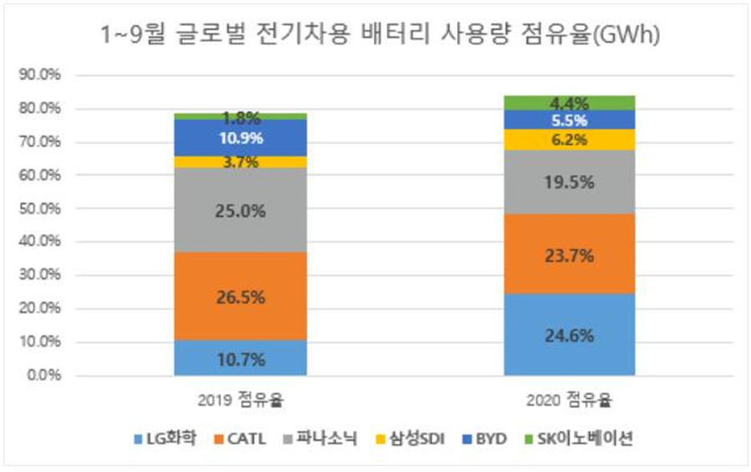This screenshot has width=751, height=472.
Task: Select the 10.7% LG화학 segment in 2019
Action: tap(241, 358)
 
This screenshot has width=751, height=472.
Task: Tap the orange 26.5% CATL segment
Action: tap(241, 296)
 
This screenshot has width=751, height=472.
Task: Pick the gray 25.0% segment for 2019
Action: tap(241, 211)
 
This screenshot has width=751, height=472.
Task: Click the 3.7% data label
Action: tap(241, 163)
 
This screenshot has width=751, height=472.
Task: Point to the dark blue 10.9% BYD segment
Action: tap(241, 138)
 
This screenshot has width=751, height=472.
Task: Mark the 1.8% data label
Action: tap(241, 118)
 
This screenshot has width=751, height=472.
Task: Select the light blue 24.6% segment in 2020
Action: tap(570, 335)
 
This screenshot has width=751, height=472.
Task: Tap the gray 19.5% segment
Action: tap(570, 182)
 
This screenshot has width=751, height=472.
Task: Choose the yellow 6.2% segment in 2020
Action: tap(570, 140)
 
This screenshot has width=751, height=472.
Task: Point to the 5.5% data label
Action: tap(570, 120)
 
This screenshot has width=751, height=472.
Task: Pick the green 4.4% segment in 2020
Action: tap(570, 103)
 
